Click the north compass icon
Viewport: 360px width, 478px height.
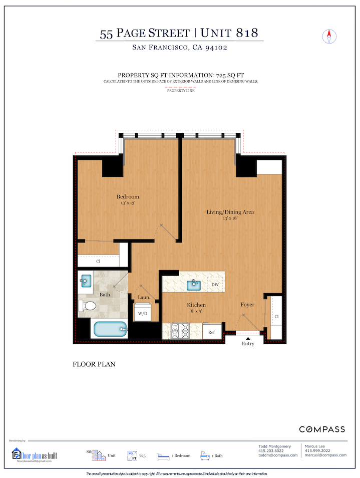point(329,36)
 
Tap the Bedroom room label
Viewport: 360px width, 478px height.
point(128,196)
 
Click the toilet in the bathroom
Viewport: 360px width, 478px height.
point(88,306)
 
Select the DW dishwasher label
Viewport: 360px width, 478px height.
point(215,285)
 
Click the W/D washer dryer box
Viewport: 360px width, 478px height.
point(143,313)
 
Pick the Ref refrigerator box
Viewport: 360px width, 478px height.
point(211,332)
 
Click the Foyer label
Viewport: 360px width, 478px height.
point(247,305)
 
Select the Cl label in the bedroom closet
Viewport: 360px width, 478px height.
point(98,262)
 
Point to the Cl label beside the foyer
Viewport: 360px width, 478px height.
point(276,317)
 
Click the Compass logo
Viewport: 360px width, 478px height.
point(322,429)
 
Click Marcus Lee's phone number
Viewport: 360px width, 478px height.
point(319,450)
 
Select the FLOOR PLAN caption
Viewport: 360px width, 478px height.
point(94,364)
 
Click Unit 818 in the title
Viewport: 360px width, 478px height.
point(229,34)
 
